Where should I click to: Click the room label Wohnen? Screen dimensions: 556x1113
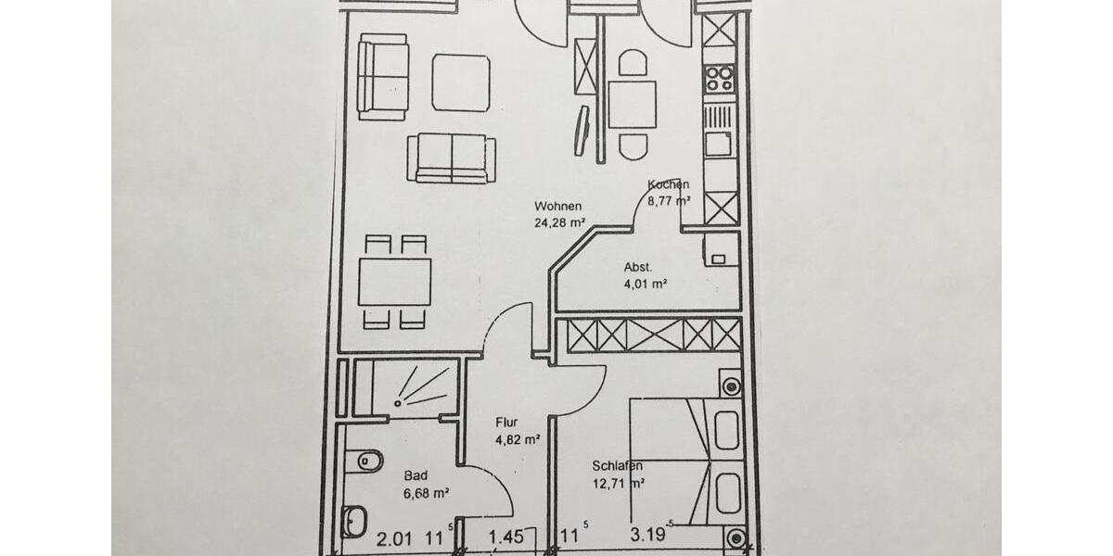click(558, 206)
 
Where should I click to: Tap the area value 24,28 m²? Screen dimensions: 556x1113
click(559, 222)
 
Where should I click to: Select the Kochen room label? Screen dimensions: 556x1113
click(669, 184)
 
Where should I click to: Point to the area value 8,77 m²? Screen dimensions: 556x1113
click(670, 200)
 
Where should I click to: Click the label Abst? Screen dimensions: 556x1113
click(637, 267)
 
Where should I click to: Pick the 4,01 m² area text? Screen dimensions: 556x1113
click(646, 284)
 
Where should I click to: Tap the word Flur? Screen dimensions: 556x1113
click(506, 423)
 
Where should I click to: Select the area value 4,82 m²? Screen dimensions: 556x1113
click(518, 441)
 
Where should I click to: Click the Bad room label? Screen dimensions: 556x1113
click(416, 475)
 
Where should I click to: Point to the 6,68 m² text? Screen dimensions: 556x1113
click(427, 494)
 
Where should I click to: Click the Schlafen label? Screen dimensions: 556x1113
click(618, 465)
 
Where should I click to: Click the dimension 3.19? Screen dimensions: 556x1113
click(648, 536)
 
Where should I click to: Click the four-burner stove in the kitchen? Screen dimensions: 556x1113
click(719, 79)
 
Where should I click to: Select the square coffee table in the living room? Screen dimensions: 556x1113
click(461, 82)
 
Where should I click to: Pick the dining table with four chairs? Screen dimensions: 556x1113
click(395, 281)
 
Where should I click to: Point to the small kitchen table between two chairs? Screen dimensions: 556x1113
click(633, 104)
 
